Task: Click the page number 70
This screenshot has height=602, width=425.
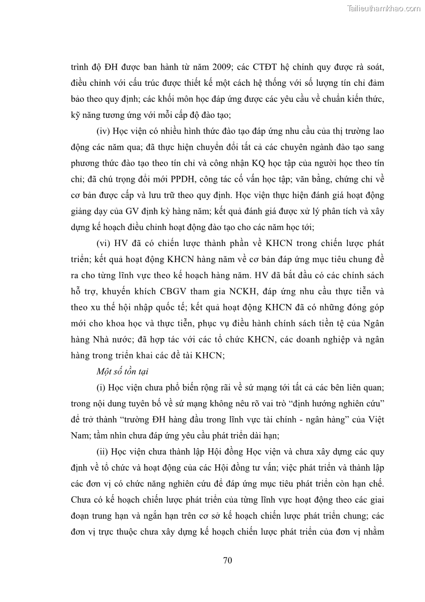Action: coord(226,561)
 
